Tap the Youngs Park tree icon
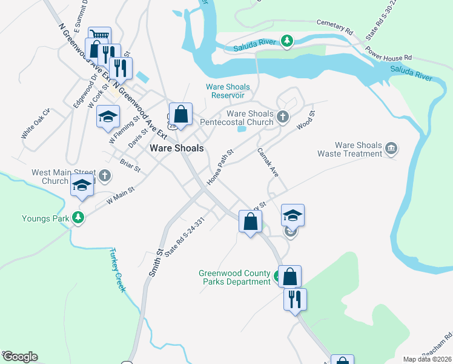pos(78,217)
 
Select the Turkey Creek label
pos(117,270)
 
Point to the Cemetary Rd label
pos(334,25)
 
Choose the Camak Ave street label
pos(268,163)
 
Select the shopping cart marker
pos(99,36)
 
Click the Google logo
pos(20,357)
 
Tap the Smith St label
pos(155,260)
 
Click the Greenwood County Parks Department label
pos(234,277)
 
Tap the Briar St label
pos(130,165)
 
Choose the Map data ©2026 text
pos(428,359)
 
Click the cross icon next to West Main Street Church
pos(105,177)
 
